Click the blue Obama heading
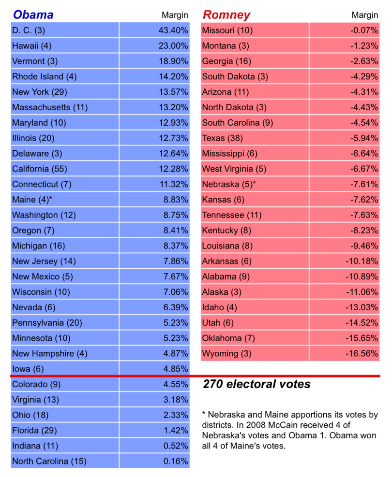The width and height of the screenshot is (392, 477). point(33,14)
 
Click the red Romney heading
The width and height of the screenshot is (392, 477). point(226,14)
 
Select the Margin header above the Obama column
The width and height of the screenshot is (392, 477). point(175,15)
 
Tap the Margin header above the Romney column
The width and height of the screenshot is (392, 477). point(364,15)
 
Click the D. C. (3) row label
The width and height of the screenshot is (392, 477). point(29,30)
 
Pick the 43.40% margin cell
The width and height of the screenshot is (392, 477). point(173,30)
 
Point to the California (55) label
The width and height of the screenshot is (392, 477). point(40,169)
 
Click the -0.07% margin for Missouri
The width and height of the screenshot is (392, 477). point(364,30)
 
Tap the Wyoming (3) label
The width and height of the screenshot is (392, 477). point(226,353)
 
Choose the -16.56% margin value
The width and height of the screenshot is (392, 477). point(362,353)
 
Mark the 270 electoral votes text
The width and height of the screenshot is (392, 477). point(256,384)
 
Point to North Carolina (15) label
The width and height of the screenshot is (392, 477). point(49,461)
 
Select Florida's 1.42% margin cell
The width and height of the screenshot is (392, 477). point(175,430)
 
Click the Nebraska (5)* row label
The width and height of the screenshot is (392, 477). point(228,184)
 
